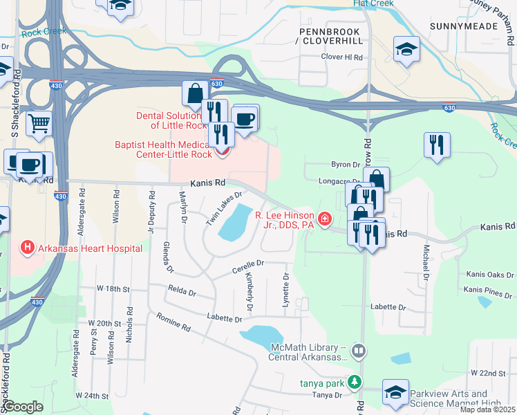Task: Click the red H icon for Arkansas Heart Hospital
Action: (27, 246)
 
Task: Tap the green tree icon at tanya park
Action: (355, 382)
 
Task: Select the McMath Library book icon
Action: (358, 351)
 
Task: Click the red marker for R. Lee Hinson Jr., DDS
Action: (323, 220)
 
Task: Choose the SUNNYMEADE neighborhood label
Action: (463, 26)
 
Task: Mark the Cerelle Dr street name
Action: (250, 264)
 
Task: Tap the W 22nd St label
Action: (493, 373)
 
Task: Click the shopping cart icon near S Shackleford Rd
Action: (39, 123)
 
